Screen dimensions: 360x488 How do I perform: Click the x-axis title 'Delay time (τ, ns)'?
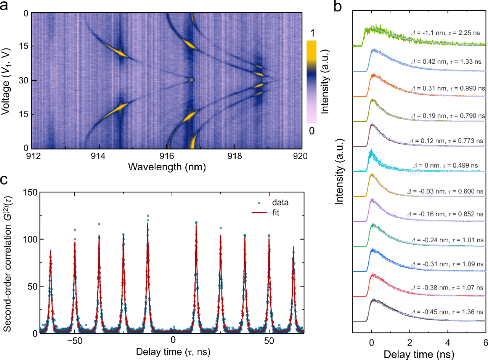(x=173, y=351)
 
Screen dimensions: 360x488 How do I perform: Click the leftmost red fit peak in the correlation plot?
(x=50, y=251)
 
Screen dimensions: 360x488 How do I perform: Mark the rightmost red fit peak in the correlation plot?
(x=293, y=247)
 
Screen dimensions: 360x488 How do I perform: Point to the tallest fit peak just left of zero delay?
(x=148, y=224)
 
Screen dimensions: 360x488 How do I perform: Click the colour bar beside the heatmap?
(x=311, y=82)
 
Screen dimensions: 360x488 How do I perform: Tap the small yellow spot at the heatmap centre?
(x=191, y=80)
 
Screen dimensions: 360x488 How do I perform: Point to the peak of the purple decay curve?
(x=372, y=199)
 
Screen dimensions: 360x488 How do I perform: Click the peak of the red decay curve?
(x=373, y=274)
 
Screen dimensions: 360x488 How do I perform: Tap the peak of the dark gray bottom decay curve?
(x=373, y=298)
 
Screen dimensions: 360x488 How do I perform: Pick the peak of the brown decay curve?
(x=372, y=123)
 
